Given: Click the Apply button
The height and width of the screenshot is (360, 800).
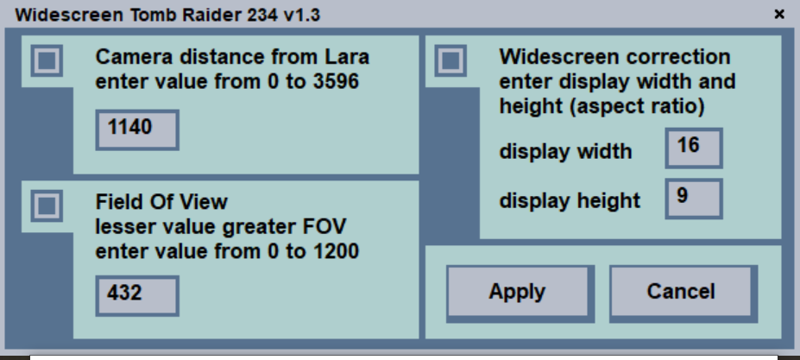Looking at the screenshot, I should (x=517, y=292).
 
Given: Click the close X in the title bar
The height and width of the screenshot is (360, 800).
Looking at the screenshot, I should (x=779, y=14).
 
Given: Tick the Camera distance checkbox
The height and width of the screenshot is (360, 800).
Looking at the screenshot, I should (x=47, y=60).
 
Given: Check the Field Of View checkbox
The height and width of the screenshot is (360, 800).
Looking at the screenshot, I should (x=47, y=205).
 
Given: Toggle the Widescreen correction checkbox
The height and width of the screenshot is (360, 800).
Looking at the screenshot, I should (x=450, y=60).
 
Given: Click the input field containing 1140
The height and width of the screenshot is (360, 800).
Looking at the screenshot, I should (x=136, y=129).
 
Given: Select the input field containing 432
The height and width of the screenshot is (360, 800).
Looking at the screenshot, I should (x=136, y=295).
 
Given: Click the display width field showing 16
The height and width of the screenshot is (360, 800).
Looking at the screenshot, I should (x=694, y=148).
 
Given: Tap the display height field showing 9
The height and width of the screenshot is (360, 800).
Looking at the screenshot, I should (x=694, y=199).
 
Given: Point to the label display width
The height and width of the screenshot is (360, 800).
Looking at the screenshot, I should (x=565, y=152).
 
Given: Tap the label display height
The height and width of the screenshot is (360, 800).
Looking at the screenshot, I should (x=570, y=201).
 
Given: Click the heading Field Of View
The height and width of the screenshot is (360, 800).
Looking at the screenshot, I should (x=161, y=202).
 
